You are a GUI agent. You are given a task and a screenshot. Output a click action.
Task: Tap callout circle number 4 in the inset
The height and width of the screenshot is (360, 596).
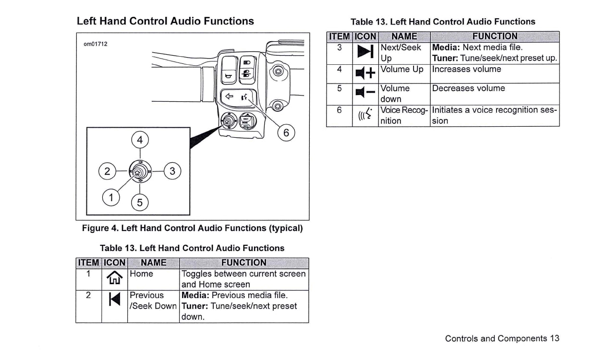[140, 140]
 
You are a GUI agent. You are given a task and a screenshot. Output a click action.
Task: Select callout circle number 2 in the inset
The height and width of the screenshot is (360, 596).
[107, 171]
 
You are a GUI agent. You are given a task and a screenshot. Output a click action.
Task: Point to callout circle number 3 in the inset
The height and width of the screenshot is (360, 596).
[173, 171]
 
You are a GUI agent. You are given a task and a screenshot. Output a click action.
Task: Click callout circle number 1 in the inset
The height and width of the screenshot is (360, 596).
[111, 197]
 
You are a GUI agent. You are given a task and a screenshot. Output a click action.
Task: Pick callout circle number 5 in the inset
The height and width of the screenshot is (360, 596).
[140, 203]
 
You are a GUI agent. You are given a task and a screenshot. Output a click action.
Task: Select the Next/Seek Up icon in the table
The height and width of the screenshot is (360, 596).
[366, 52]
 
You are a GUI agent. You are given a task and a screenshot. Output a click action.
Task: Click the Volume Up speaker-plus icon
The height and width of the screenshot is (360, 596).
[365, 73]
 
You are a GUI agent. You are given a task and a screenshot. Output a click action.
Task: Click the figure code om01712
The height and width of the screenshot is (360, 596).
[95, 44]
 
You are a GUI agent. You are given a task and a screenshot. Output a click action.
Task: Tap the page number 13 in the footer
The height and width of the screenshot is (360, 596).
[555, 338]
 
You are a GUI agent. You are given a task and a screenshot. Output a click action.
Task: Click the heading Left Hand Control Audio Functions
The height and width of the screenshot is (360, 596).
[165, 21]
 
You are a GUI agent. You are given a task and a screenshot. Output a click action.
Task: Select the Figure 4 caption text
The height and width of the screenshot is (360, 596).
[193, 228]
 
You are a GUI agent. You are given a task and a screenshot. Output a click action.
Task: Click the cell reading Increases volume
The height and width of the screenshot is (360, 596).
[466, 70]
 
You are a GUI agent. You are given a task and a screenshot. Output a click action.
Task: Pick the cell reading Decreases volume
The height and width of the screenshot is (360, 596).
[468, 89]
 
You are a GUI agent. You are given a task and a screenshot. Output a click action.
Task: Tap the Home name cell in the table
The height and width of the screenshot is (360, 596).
[142, 274]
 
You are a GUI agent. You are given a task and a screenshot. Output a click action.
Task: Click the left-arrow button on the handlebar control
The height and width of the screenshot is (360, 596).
[230, 96]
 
